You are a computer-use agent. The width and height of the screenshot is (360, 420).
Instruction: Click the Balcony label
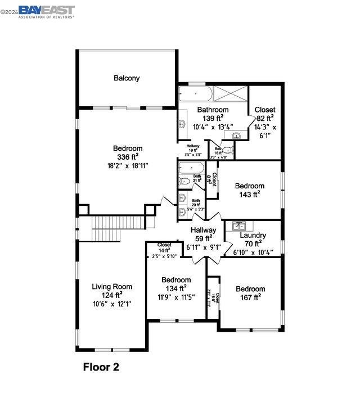tap(127, 78)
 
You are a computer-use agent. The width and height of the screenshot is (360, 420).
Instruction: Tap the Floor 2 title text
tap(101, 367)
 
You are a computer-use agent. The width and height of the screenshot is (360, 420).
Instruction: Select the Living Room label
tap(112, 287)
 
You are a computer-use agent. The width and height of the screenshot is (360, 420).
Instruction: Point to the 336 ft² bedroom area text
tap(128, 157)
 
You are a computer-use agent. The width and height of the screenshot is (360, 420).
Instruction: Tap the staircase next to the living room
tap(106, 228)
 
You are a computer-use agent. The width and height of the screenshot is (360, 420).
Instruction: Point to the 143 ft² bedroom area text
tap(250, 195)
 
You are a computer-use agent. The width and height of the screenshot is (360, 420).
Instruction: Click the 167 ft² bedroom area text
tap(250, 297)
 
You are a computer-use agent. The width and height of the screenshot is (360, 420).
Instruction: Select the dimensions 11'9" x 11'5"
tap(176, 297)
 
